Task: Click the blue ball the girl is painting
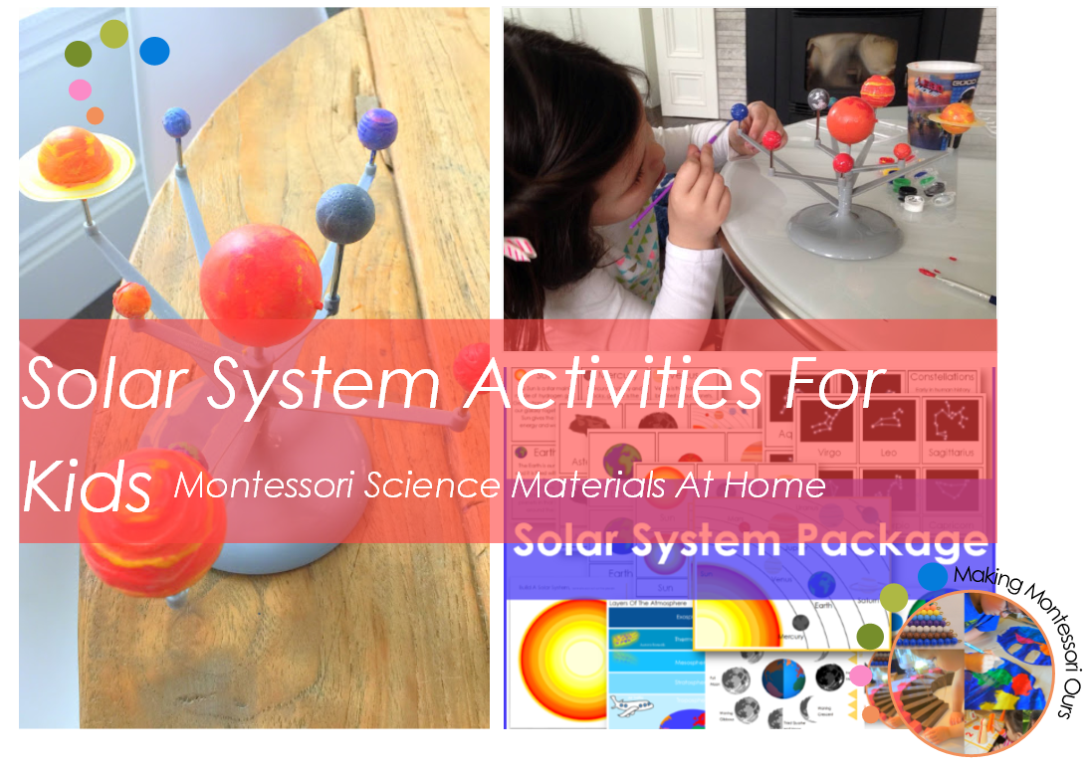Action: pyautogui.click(x=739, y=111)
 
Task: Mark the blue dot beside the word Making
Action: pyautogui.click(x=932, y=576)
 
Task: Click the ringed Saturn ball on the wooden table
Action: pyautogui.click(x=77, y=158)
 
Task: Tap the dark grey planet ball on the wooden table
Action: pyautogui.click(x=344, y=212)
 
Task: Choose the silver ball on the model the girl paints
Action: pyautogui.click(x=817, y=98)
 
